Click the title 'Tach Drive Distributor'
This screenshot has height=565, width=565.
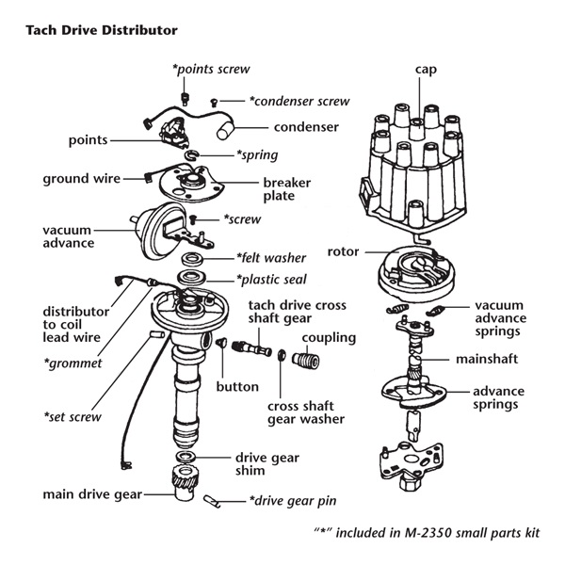point(102,30)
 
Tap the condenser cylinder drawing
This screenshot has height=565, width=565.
point(226,131)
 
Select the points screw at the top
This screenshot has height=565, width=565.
point(185,99)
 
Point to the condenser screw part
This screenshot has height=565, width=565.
point(214,103)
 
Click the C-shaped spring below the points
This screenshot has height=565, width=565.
point(192,155)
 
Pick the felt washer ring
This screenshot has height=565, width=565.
point(192,259)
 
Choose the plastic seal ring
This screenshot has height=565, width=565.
point(192,278)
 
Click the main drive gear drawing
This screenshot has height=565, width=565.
point(186,482)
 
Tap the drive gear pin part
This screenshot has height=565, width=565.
point(212,501)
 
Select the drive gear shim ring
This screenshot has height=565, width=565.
point(186,457)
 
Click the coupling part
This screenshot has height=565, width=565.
point(305,361)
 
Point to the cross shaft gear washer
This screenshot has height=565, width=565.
point(281,355)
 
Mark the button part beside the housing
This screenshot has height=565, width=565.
point(221,342)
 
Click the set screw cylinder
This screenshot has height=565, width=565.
point(156,334)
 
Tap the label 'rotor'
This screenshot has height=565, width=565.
point(343,251)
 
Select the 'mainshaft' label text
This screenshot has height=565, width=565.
point(487,359)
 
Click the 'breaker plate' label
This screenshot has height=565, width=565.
point(287,189)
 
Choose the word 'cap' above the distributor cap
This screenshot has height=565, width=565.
point(426,70)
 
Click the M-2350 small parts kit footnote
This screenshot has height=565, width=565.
point(427,533)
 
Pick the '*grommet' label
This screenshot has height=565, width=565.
point(73,363)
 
